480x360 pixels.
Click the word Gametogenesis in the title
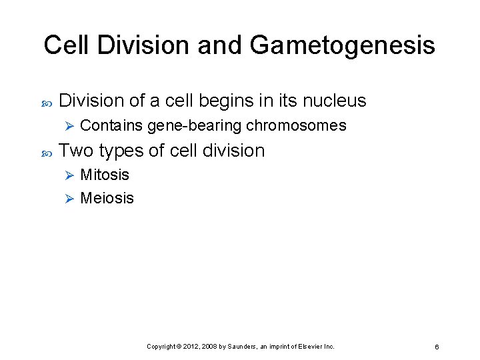click(x=343, y=46)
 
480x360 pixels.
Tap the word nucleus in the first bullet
click(x=334, y=101)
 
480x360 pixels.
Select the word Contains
click(x=111, y=125)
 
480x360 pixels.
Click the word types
click(x=121, y=151)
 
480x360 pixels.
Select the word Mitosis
click(x=105, y=175)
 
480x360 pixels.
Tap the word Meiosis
click(x=107, y=198)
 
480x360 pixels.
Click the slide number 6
click(x=436, y=347)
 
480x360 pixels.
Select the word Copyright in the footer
click(x=159, y=347)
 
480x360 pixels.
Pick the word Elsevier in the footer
click(x=310, y=347)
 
